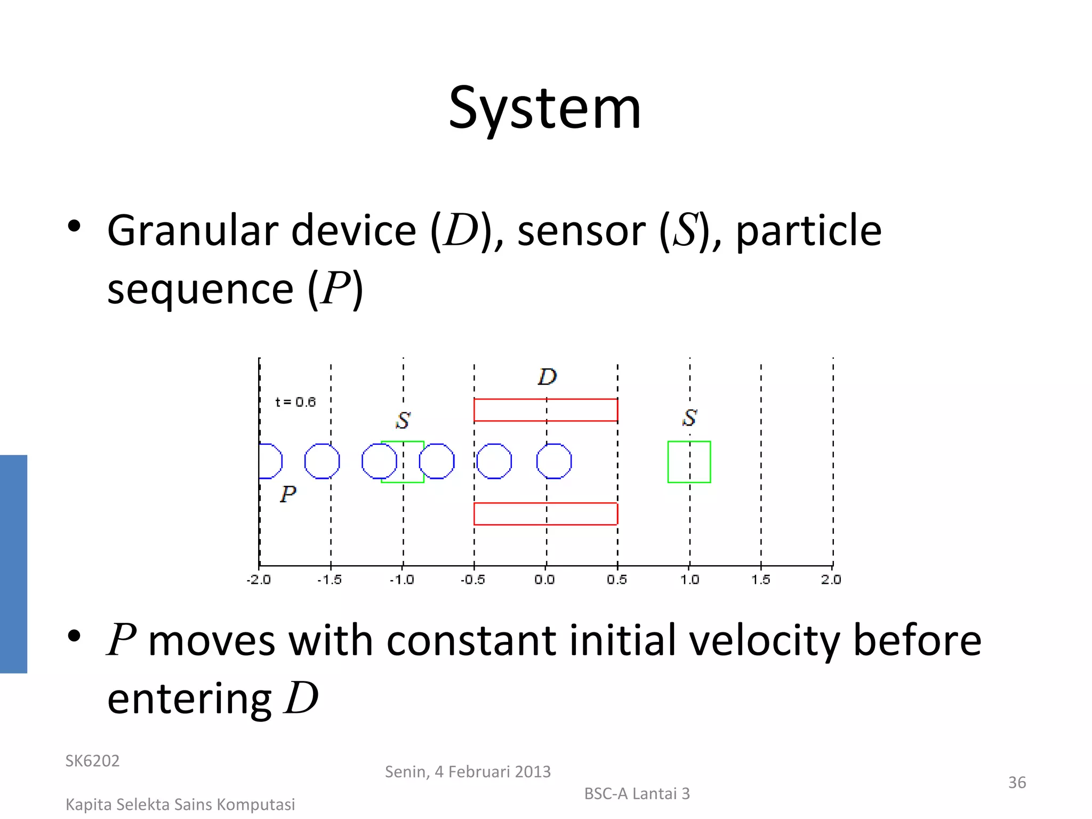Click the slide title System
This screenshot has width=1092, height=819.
(x=544, y=109)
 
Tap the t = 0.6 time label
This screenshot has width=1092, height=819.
(x=295, y=402)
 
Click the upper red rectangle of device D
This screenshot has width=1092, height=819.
(x=545, y=410)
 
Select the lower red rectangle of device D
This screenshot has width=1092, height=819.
(x=545, y=514)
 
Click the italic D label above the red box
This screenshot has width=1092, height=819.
(x=547, y=377)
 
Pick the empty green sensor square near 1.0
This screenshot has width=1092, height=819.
(x=689, y=462)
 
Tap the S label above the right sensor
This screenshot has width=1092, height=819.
(x=689, y=417)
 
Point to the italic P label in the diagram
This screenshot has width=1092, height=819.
(x=288, y=494)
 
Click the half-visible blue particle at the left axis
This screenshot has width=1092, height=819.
(x=270, y=461)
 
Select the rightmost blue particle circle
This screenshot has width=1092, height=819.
(x=553, y=461)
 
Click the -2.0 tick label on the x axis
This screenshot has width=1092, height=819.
(x=259, y=580)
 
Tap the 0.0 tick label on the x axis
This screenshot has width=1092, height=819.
(x=544, y=580)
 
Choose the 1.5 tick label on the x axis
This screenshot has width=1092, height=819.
(x=761, y=580)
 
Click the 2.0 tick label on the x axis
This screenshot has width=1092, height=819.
(x=831, y=580)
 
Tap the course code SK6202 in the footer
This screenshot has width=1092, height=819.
(x=92, y=761)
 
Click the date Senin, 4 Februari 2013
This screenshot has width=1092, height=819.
(x=468, y=772)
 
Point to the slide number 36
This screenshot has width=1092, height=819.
(x=1017, y=783)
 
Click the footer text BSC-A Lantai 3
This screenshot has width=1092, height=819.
(x=637, y=794)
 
